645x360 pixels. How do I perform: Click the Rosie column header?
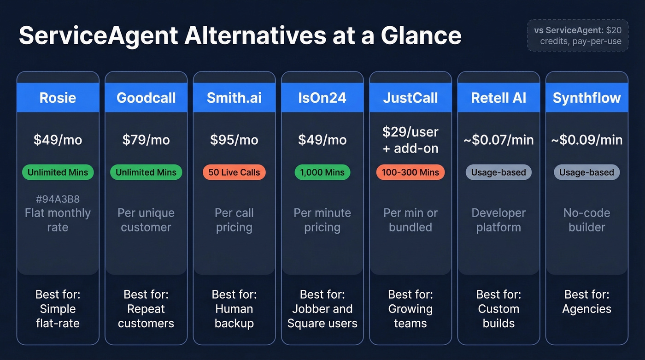pos(58,98)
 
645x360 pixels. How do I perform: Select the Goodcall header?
pos(146,98)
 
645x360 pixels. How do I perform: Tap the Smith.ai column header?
pos(234,98)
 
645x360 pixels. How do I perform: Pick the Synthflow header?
pos(586,98)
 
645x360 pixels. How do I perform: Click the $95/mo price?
pos(234,140)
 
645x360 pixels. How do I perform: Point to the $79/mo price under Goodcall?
pos(146,140)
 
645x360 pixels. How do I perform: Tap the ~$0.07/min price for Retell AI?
pos(498,140)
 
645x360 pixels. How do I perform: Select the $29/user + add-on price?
pos(410,140)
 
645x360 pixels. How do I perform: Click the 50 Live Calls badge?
pos(234,172)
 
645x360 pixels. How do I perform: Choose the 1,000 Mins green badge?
pos(322,172)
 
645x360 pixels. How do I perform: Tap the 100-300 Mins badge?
pos(410,172)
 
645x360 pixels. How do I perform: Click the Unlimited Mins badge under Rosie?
pos(58,172)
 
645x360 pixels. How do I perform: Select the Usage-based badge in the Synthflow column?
pos(586,172)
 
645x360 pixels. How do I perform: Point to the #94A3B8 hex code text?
pos(58,199)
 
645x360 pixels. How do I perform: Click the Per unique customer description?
pos(146,220)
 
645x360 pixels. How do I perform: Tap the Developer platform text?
pos(498,220)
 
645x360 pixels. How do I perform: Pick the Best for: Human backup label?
pos(234,309)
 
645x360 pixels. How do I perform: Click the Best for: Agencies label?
pos(586,301)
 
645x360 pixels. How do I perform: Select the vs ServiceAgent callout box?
pos(578,35)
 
